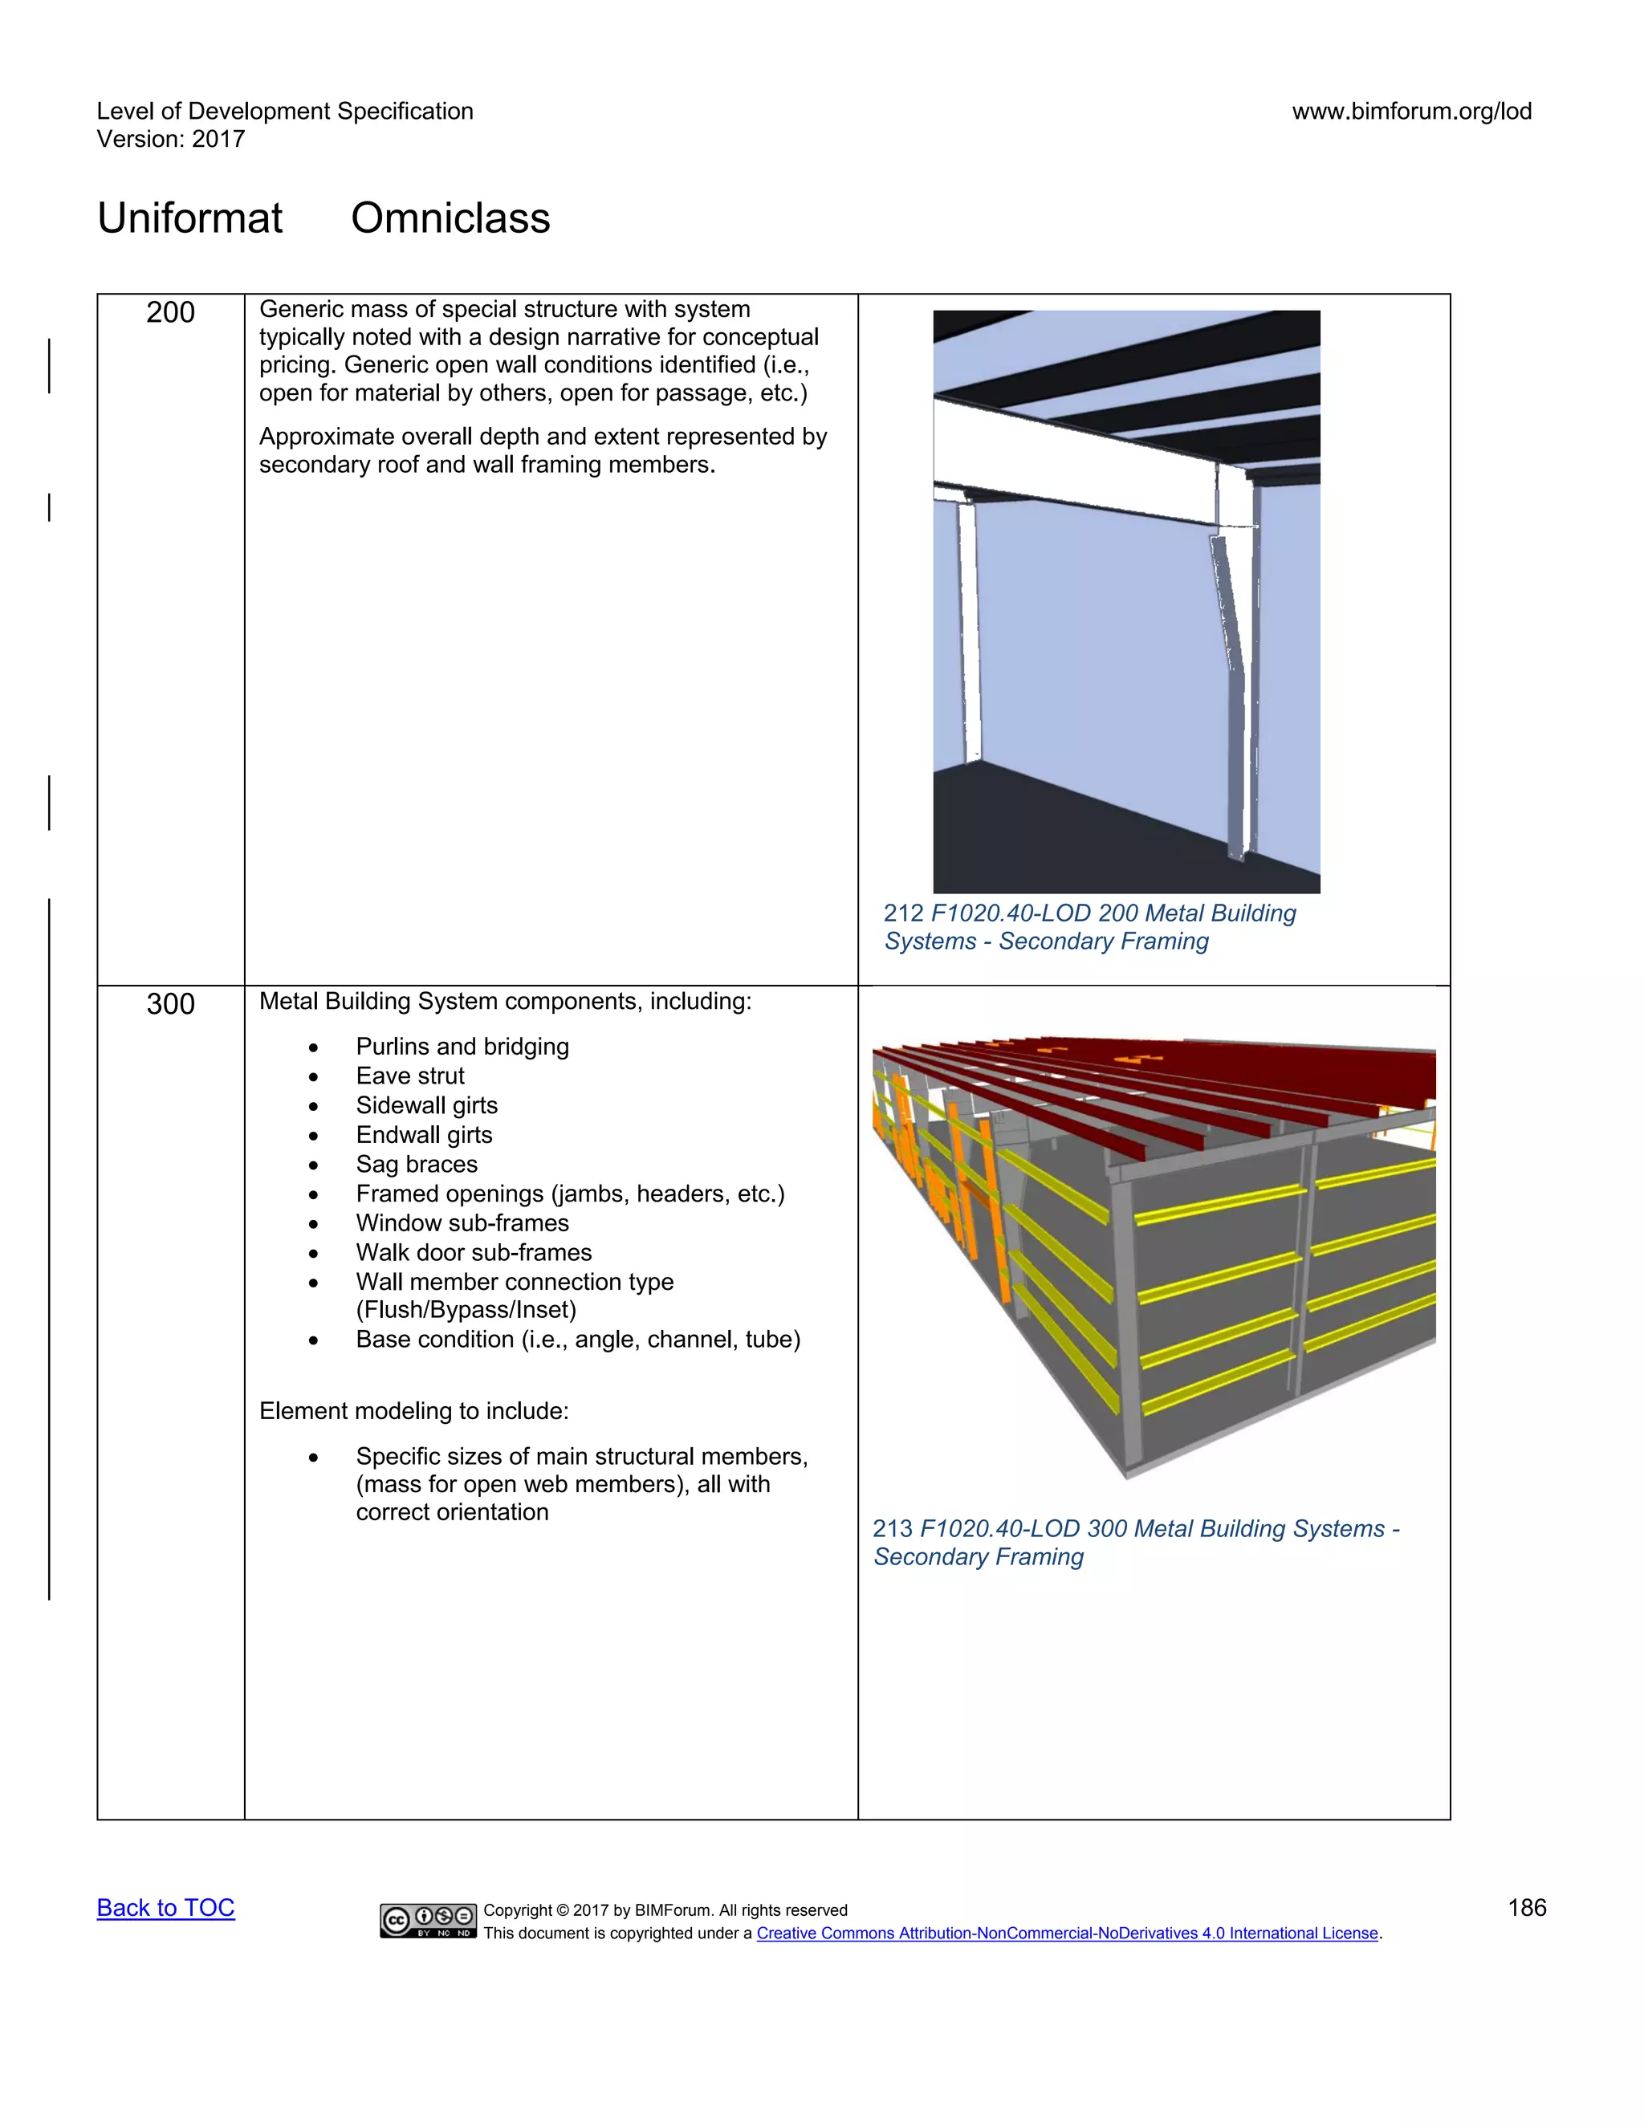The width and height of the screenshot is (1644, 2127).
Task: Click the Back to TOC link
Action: pos(165,1908)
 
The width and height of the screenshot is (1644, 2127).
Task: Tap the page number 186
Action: pos(1526,1908)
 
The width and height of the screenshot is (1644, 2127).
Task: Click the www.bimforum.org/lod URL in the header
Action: pos(1411,111)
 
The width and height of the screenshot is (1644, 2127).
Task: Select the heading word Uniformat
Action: pos(190,218)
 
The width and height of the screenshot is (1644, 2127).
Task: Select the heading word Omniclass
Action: pos(450,218)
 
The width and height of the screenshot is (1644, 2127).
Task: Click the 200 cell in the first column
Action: pos(170,312)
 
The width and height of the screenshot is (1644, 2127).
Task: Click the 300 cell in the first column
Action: pos(170,1004)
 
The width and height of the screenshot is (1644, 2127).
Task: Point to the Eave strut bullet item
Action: pos(410,1076)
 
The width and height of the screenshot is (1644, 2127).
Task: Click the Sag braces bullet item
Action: pos(417,1165)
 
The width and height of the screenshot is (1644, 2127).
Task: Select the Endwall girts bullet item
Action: pos(424,1136)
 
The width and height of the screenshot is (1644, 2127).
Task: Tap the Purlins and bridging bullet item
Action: pos(462,1047)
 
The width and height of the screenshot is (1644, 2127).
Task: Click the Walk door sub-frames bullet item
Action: pos(474,1254)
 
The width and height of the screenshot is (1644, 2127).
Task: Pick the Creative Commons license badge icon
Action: pos(429,1921)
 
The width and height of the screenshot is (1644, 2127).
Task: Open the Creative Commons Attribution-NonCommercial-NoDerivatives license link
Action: pos(1067,1934)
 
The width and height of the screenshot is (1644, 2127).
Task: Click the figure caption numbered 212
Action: pos(1089,927)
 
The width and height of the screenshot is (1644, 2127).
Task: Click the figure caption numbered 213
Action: pos(1134,1543)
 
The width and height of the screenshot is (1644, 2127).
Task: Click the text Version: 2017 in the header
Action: pos(170,140)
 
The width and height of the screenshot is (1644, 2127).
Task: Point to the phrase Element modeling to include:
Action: pos(414,1411)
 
